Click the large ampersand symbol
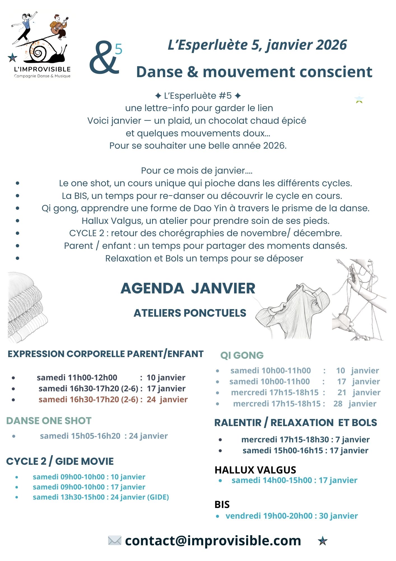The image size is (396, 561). [x=104, y=58]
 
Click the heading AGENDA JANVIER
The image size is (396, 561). [x=188, y=288]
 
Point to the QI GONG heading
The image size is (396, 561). [x=242, y=355]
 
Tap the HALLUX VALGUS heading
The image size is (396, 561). [x=255, y=470]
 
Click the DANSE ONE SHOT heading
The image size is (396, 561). [x=49, y=421]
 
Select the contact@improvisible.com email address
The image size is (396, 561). [x=213, y=541]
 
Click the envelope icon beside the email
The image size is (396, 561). [x=115, y=541]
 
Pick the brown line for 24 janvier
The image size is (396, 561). [x=113, y=399]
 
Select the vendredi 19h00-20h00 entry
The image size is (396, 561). [x=292, y=516]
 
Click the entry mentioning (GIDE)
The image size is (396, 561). [x=101, y=497]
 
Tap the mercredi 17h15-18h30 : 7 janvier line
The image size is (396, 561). [x=305, y=440]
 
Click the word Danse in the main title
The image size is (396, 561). [x=159, y=72]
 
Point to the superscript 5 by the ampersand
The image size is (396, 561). [x=119, y=49]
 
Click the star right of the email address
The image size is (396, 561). [x=323, y=541]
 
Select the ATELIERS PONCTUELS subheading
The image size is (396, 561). [x=190, y=313]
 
